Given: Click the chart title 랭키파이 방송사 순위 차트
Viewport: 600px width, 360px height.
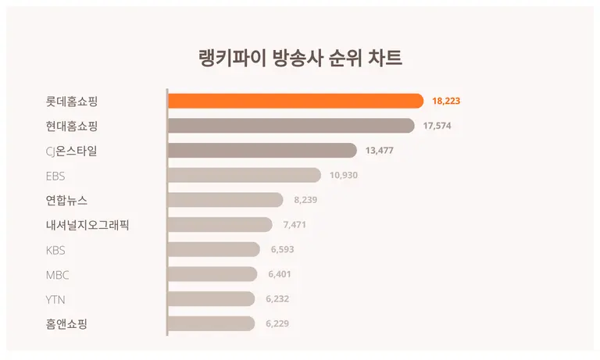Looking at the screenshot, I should click(300, 59).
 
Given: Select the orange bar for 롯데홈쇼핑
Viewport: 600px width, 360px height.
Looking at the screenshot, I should click(295, 101).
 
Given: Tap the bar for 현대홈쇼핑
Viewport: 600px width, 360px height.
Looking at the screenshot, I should click(291, 126).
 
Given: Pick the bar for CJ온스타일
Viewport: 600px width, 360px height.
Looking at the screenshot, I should click(262, 151).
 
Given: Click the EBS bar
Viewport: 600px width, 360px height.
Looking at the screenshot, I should click(244, 175).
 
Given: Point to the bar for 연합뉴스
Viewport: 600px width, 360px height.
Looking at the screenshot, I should click(225, 200).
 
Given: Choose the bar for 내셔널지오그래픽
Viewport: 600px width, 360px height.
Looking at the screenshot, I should click(220, 225).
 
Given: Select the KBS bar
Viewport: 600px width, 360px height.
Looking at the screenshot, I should click(213, 249).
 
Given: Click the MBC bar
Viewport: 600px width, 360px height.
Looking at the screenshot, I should click(212, 274).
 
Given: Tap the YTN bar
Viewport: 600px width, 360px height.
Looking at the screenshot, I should click(211, 299).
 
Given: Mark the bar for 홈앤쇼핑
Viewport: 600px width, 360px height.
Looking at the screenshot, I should click(211, 323).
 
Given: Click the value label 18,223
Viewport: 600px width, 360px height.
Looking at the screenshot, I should click(446, 101).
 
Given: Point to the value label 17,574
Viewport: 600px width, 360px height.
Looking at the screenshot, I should click(437, 126).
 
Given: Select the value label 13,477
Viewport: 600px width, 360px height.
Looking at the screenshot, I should click(380, 151).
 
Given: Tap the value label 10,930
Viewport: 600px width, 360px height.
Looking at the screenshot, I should click(344, 175).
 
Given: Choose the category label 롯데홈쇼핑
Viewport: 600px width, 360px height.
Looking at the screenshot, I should click(72, 101).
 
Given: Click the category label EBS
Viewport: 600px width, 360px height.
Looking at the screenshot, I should click(55, 176).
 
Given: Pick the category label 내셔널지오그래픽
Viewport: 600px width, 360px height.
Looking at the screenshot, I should click(87, 225).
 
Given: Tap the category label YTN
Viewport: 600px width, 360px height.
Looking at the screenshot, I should click(55, 299).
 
